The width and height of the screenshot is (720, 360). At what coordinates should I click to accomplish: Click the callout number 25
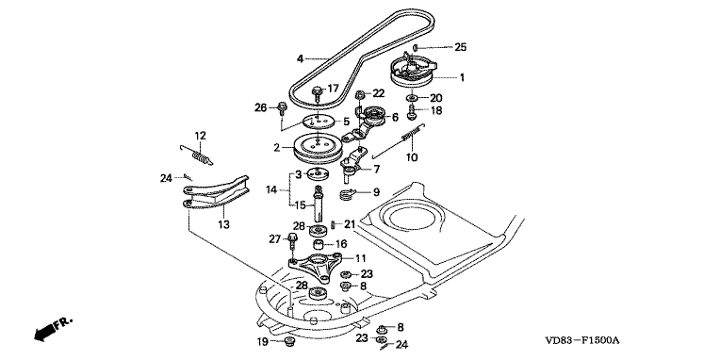tap(460, 47)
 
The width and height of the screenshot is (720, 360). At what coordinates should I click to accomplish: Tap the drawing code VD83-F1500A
tap(582, 340)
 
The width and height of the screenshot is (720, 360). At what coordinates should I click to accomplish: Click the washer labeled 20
tap(412, 98)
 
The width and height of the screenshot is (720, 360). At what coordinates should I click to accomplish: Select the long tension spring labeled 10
tap(399, 142)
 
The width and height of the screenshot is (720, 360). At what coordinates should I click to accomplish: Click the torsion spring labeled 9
tap(350, 194)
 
